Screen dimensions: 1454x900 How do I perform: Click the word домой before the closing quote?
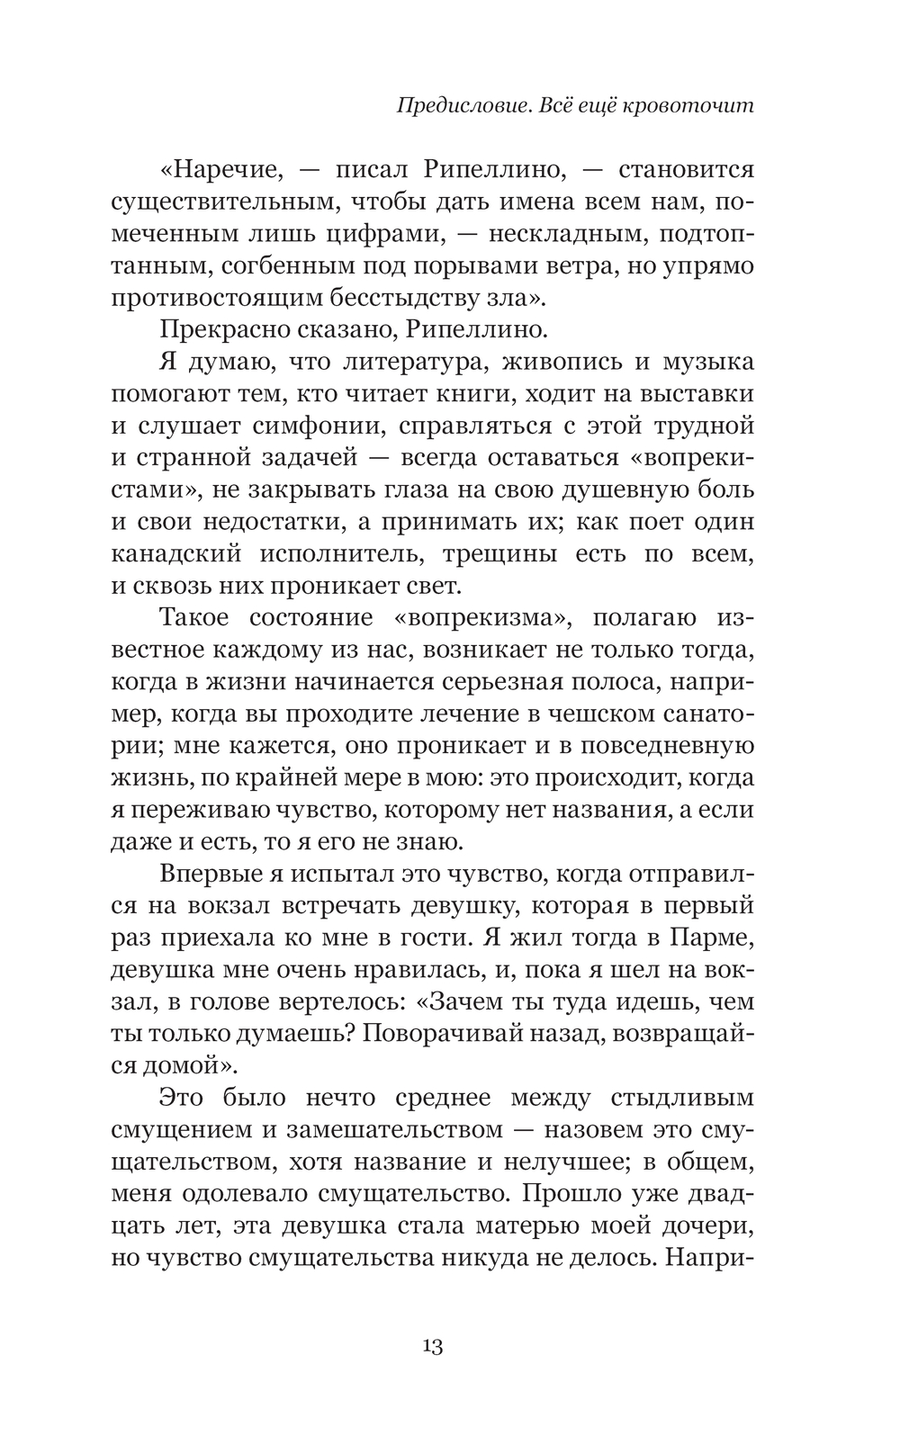point(186,1065)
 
